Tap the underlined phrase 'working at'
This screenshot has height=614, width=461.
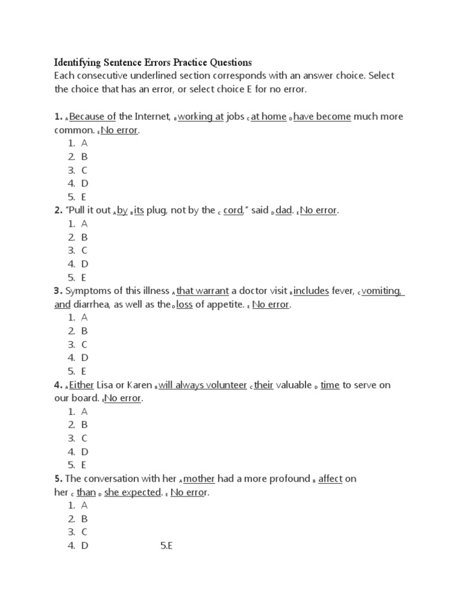coord(200,116)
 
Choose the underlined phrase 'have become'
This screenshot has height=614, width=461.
coord(322,116)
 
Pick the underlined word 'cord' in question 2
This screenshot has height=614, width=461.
coord(233,210)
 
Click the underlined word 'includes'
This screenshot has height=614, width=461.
coord(311,291)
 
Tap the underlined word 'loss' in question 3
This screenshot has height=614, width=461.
coord(184,305)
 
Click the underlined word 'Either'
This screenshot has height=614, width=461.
coord(82,385)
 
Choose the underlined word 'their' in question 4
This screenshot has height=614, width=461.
coord(264,385)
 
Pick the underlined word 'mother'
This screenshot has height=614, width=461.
coord(199,479)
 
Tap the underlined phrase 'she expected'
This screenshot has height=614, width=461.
coord(133,492)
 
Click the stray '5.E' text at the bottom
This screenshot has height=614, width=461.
coord(166,545)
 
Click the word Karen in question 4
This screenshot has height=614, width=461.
coord(139,385)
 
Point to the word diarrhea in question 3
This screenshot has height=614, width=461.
coord(91,305)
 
